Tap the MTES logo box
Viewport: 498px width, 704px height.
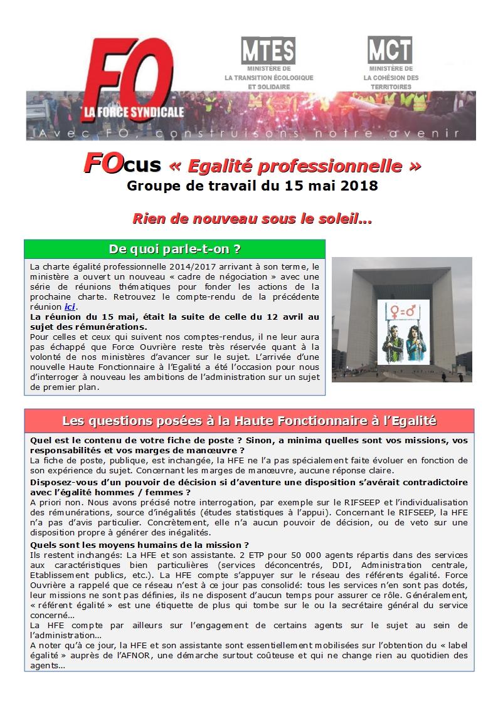tap(268, 50)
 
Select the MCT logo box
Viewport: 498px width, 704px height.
tap(390, 50)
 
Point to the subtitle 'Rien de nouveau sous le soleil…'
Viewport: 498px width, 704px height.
tap(252, 219)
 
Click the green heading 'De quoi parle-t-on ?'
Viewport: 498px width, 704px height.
tap(175, 249)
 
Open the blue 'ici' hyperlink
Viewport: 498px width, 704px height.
tap(70, 307)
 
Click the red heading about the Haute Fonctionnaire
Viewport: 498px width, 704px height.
tap(249, 420)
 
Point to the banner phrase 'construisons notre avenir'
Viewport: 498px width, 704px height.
tap(345, 134)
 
